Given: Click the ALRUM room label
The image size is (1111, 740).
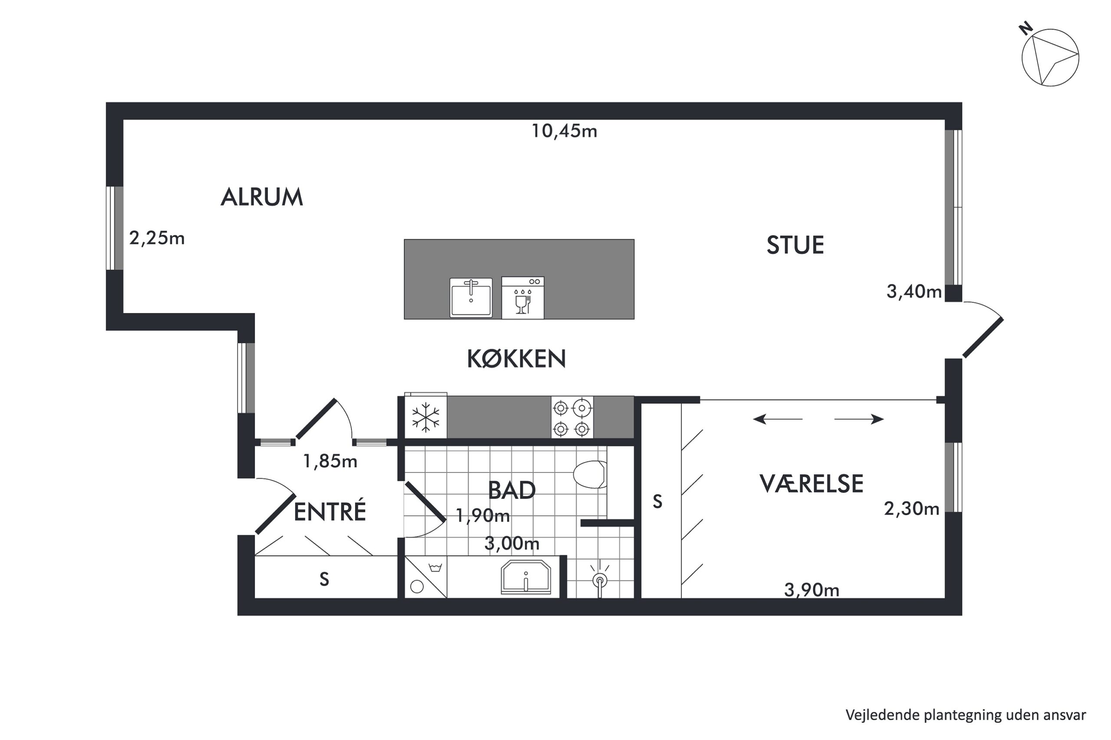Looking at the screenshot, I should (x=262, y=197).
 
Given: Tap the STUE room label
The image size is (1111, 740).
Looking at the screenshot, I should (x=795, y=245).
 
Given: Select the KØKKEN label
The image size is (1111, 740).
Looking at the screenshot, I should (x=516, y=359).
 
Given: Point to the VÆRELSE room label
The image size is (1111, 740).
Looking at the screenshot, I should (x=811, y=484).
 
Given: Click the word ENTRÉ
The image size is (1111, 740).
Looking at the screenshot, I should (x=330, y=512).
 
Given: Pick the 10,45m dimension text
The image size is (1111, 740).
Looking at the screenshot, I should (x=564, y=131).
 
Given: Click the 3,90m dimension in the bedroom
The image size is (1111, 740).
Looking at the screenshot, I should (x=812, y=590).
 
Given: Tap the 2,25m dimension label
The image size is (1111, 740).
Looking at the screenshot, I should (x=157, y=238).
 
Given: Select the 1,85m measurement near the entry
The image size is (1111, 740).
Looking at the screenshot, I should (x=330, y=461).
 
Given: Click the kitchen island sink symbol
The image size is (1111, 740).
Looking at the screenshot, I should (x=470, y=298).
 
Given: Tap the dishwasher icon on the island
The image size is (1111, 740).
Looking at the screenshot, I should (x=523, y=298).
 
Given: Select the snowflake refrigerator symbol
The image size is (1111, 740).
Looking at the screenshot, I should (x=425, y=417).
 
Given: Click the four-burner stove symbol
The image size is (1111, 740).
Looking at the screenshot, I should (x=572, y=417).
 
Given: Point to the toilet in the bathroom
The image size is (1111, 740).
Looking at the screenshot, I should (x=590, y=474).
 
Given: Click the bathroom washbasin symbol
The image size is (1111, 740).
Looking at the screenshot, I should (x=526, y=577).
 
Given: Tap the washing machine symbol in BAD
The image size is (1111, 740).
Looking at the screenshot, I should (x=425, y=577).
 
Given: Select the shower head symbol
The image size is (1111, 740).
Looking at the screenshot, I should (x=599, y=579).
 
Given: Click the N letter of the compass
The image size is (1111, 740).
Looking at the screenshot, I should (x=1025, y=29).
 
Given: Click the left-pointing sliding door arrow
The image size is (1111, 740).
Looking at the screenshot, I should (x=777, y=419).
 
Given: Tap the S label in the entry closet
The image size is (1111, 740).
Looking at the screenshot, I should (x=324, y=579).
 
